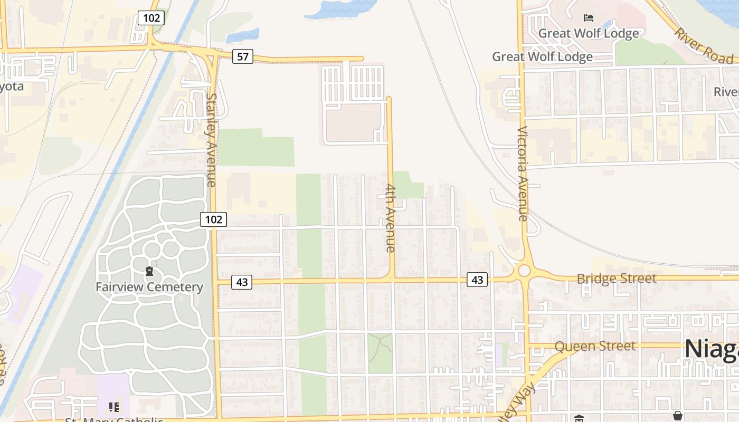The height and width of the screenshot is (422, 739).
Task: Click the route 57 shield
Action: pos(242,56)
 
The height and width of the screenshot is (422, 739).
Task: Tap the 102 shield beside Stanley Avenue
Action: pos(213,219)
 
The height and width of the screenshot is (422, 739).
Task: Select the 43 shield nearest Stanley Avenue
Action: pos(242,282)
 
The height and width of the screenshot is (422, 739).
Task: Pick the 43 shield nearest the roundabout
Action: pos(477,280)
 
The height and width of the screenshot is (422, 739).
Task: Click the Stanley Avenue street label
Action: pos(211,140)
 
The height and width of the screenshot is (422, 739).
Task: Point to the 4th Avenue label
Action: pos(391,217)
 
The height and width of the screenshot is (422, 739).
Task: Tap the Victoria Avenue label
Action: pos(523,174)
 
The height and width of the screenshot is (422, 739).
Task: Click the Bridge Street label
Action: pos(617,279)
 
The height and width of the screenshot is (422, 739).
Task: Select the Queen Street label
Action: pos(595,347)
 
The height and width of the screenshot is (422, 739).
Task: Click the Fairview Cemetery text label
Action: pos(149,287)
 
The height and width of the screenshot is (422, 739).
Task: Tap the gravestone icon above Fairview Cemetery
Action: pos(149,272)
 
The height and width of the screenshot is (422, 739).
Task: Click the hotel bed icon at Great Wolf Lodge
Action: pos(589,18)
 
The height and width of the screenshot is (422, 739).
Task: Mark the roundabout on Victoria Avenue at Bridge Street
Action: pos(524,271)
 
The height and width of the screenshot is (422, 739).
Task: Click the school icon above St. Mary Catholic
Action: pos(113,407)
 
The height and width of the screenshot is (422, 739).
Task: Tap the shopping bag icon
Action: pos(678,416)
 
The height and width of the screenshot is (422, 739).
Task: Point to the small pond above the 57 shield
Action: pos(243,36)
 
